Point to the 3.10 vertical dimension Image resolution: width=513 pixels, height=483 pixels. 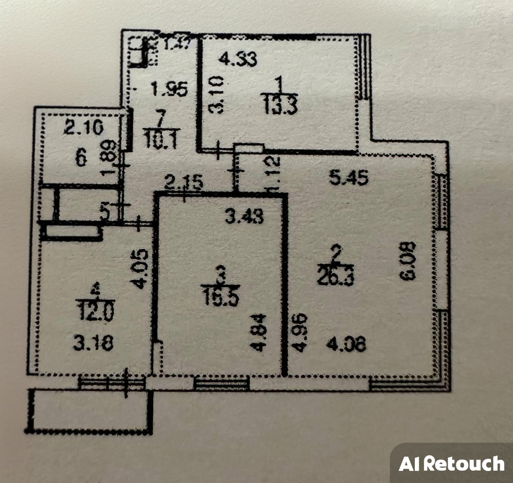pos(217,96)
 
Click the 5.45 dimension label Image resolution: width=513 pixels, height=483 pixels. pos(348,178)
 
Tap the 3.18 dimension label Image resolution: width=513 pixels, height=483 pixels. pos(93,343)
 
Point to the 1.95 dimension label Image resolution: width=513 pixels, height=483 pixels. pos(169,89)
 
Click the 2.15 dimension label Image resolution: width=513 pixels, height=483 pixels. pos(184,183)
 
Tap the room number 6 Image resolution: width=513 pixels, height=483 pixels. pos(81,159)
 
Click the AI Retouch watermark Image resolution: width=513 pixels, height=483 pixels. pos(451,464)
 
